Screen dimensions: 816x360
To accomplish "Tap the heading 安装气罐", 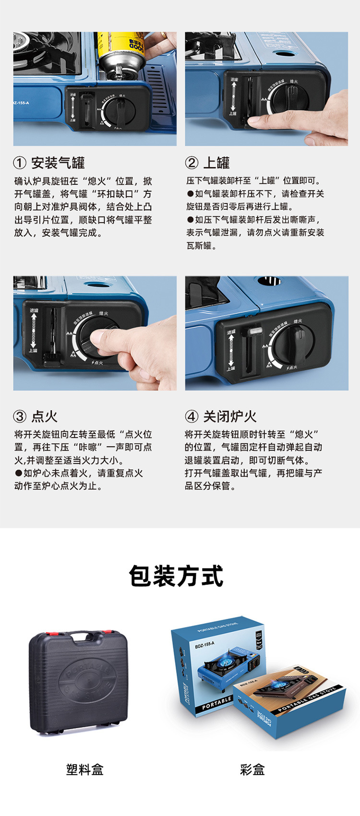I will coord(58,163).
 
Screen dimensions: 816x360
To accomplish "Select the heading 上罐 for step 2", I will coord(216,163).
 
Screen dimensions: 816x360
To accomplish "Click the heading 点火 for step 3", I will coord(44,416).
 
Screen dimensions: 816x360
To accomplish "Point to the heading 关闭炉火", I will coord(229,416).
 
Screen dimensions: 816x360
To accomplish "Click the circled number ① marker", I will coord(20,163).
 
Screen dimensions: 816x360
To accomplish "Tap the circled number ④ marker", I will coord(192,416).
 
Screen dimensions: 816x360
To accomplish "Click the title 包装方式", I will coord(176,576).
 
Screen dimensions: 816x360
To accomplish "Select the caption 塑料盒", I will coord(85,769).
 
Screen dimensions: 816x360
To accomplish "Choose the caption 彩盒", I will coord(252,769).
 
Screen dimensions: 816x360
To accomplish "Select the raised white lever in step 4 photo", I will coord(253,331).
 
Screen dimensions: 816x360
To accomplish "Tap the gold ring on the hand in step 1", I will coord(165,35).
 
